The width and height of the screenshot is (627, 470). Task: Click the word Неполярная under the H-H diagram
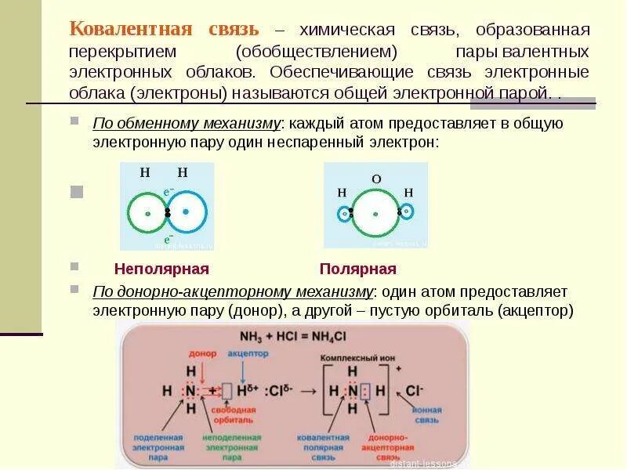click(161, 269)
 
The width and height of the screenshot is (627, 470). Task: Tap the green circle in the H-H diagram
click(147, 212)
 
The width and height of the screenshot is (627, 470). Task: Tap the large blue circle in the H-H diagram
click(187, 212)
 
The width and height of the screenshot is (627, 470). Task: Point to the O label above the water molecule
click(376, 179)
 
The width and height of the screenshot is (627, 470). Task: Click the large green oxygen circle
click(375, 212)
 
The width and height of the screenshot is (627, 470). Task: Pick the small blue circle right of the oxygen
click(406, 211)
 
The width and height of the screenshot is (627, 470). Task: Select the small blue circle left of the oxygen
click(344, 212)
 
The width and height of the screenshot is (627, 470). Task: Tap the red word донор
click(202, 353)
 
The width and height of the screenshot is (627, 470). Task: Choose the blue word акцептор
click(248, 353)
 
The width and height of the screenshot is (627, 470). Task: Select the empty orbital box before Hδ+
click(226, 389)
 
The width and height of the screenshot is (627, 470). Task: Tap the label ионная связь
click(427, 414)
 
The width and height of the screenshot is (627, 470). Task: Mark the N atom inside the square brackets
click(352, 389)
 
